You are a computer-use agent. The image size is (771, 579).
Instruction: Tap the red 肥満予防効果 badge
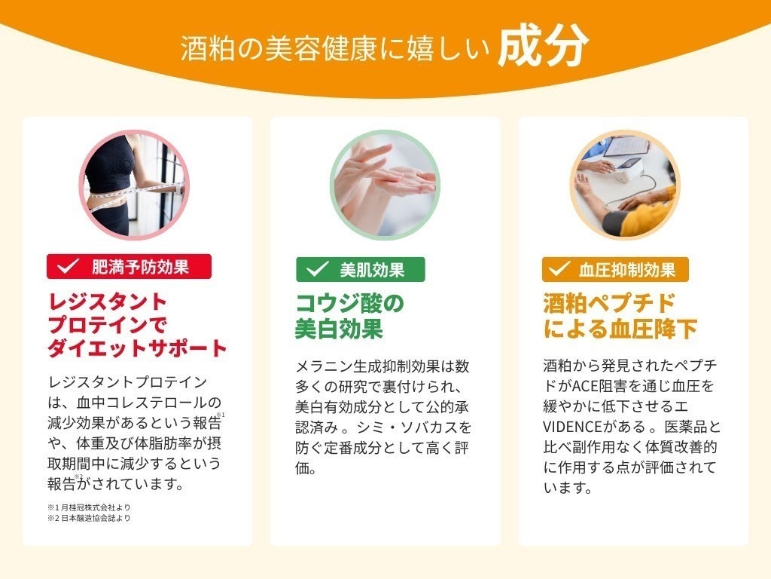[x=129, y=266]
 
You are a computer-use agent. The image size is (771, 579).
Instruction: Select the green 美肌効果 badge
[x=360, y=269]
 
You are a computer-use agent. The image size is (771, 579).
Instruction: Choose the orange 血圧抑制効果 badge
[x=615, y=269]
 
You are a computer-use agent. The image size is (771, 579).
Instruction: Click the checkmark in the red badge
[x=69, y=266]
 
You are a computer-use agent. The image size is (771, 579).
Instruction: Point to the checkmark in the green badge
[x=317, y=269]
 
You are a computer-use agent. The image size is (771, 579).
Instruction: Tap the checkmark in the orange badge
[x=559, y=269]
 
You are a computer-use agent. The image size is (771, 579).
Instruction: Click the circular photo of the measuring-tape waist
[x=134, y=185]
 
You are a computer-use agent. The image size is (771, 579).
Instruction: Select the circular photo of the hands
[x=384, y=185]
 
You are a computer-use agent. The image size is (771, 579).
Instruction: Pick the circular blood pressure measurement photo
[x=624, y=185]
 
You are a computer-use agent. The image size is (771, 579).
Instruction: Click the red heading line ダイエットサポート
[x=137, y=348]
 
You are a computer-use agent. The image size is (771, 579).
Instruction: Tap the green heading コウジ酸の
[x=349, y=303]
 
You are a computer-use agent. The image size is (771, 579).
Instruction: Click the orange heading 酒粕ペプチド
[x=599, y=303]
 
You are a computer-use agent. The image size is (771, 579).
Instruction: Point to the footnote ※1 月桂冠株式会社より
[x=89, y=507]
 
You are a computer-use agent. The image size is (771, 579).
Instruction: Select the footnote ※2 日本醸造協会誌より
[x=89, y=518]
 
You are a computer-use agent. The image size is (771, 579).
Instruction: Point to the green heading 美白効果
[x=339, y=329]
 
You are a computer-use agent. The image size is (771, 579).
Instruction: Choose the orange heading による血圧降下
[x=620, y=329]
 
